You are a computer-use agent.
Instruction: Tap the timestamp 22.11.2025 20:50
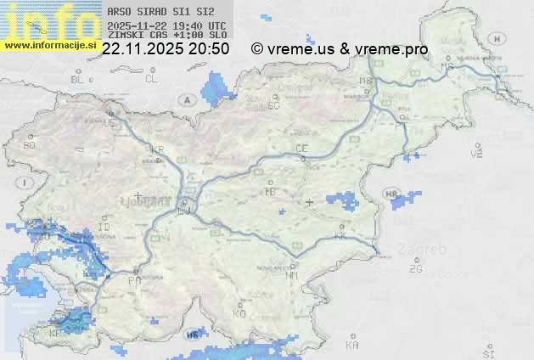(165, 49)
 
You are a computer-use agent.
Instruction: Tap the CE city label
(301, 149)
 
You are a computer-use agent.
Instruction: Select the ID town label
(104, 228)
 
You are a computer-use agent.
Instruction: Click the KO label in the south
(239, 313)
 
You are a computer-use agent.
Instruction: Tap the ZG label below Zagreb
(415, 269)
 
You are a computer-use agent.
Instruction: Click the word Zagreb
(427, 250)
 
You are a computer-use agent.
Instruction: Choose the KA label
(352, 345)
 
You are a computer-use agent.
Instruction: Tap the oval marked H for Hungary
(501, 39)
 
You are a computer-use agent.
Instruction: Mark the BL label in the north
(78, 79)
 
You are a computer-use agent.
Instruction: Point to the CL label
(152, 79)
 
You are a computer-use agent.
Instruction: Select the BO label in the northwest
(30, 145)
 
